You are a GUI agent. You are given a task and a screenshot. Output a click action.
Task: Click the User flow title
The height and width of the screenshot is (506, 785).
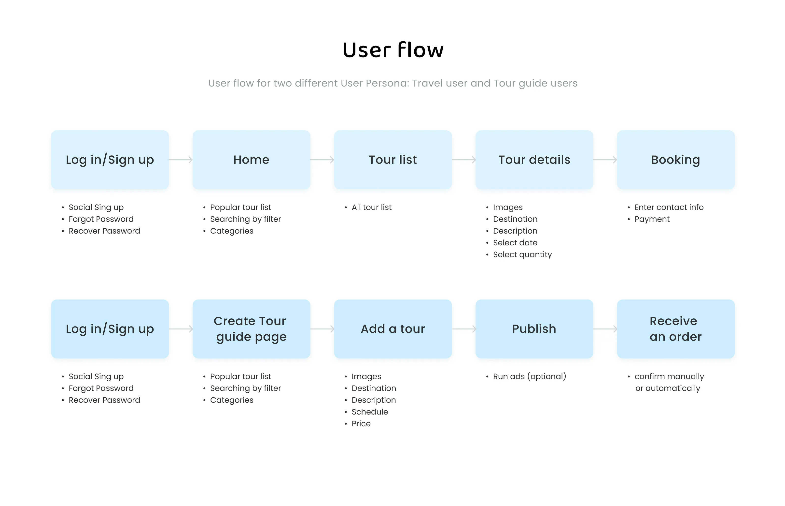392,50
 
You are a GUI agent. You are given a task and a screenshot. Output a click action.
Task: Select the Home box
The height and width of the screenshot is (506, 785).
251,160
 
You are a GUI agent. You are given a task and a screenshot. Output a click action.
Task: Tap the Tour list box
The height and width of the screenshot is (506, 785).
392,160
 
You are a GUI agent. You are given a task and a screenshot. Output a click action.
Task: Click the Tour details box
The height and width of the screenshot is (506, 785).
534,160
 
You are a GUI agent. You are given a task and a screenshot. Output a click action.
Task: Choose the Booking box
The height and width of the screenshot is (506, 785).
675,160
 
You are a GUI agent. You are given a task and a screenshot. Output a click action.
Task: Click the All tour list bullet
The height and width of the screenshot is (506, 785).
371,207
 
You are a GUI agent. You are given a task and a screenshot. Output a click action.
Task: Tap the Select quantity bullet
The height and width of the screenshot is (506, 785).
522,255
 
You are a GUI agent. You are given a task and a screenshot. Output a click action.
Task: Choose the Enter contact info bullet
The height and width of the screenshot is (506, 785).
669,207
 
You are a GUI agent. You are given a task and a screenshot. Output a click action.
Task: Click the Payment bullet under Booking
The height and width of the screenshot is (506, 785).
652,219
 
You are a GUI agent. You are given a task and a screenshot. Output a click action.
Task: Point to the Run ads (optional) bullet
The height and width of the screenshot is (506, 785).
529,376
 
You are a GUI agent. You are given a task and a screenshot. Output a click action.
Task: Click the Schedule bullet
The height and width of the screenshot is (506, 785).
369,412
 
